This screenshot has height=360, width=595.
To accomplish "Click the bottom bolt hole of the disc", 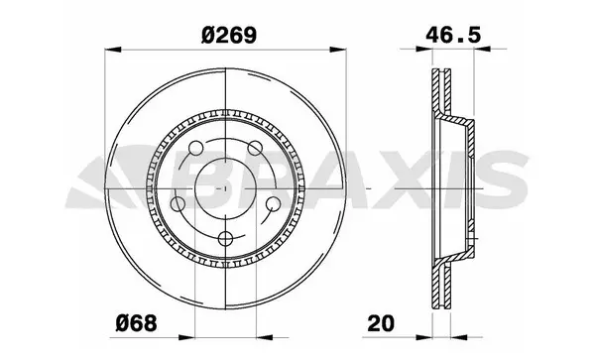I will (x=226, y=238).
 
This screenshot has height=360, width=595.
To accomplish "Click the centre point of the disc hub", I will (x=226, y=185).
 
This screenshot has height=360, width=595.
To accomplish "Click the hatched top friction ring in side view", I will (x=435, y=94).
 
